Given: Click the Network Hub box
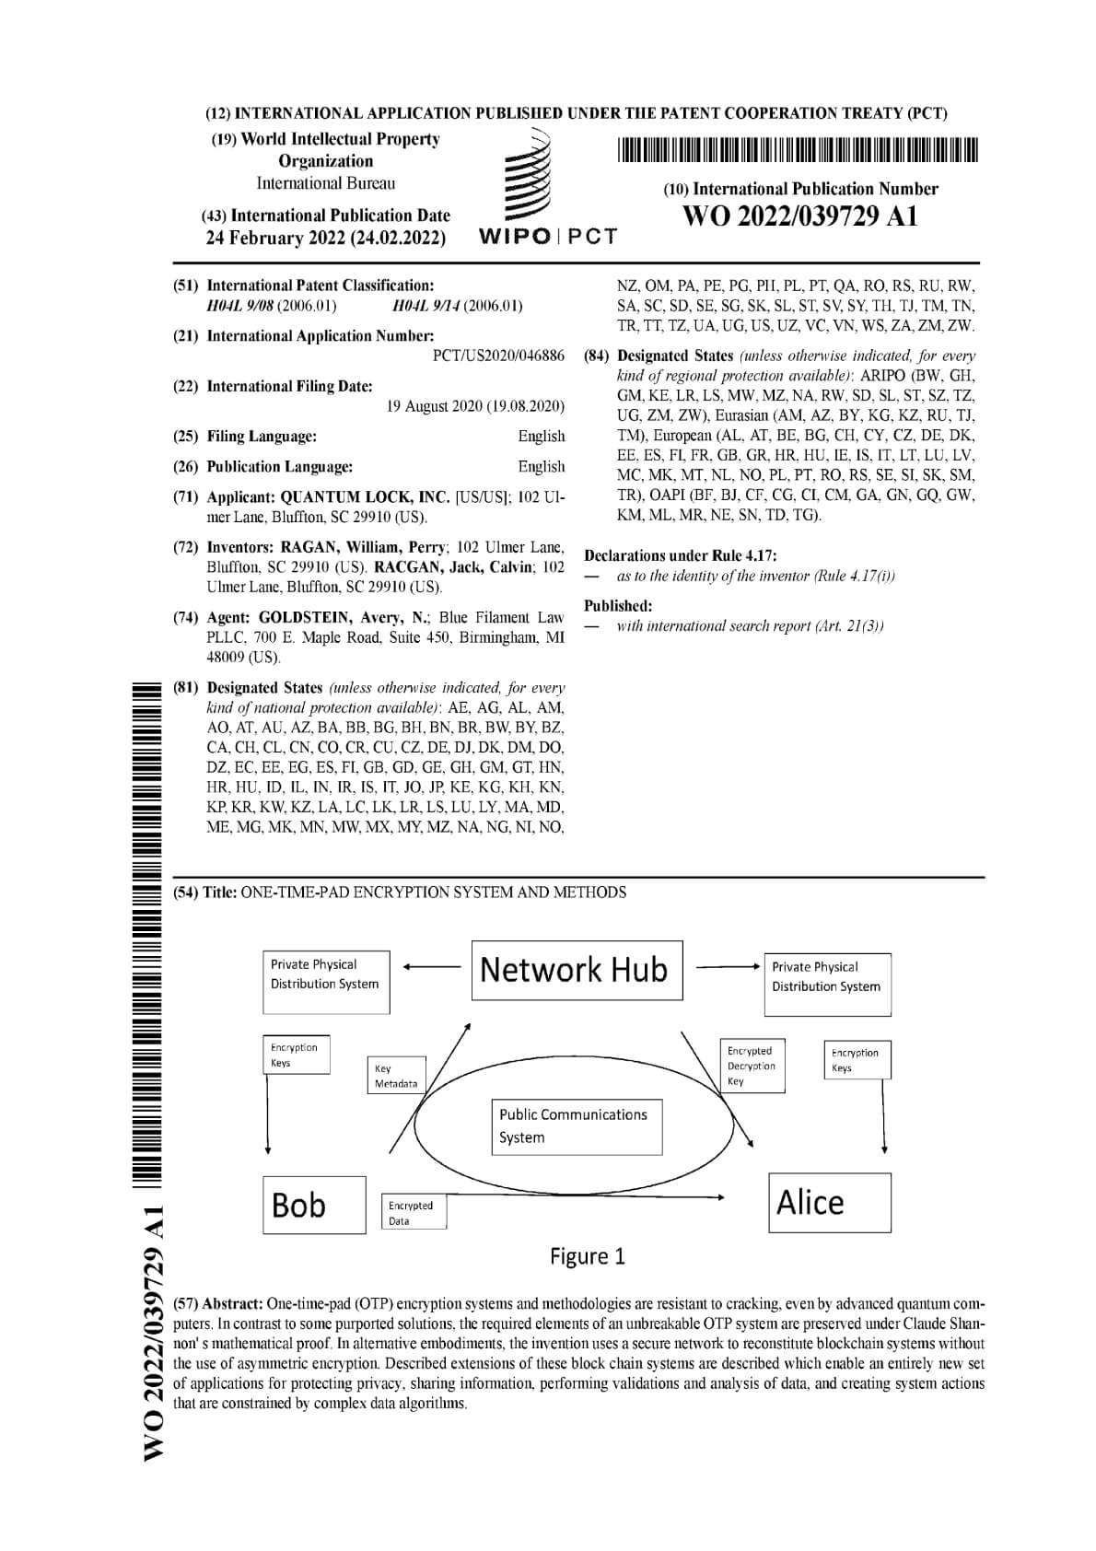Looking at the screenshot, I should click(x=577, y=970).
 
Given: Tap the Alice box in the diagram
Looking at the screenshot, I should click(x=829, y=1202).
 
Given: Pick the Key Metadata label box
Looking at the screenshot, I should click(x=396, y=1076).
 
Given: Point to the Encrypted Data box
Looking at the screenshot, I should click(x=413, y=1212).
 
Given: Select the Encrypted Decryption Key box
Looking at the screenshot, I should click(x=752, y=1066).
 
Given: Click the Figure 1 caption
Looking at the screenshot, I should click(x=588, y=1256).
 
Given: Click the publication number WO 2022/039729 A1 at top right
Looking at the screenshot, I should click(x=799, y=217).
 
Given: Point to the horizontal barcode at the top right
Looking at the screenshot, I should click(x=797, y=149).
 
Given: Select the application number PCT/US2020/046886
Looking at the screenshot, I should click(x=498, y=356).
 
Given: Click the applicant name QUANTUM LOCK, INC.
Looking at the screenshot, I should click(x=365, y=497).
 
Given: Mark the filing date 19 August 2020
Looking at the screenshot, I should click(x=475, y=406).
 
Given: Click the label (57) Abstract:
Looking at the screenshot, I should click(x=218, y=1304).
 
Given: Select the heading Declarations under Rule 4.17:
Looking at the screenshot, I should click(x=681, y=555).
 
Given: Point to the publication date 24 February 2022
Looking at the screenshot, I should click(x=325, y=239).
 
